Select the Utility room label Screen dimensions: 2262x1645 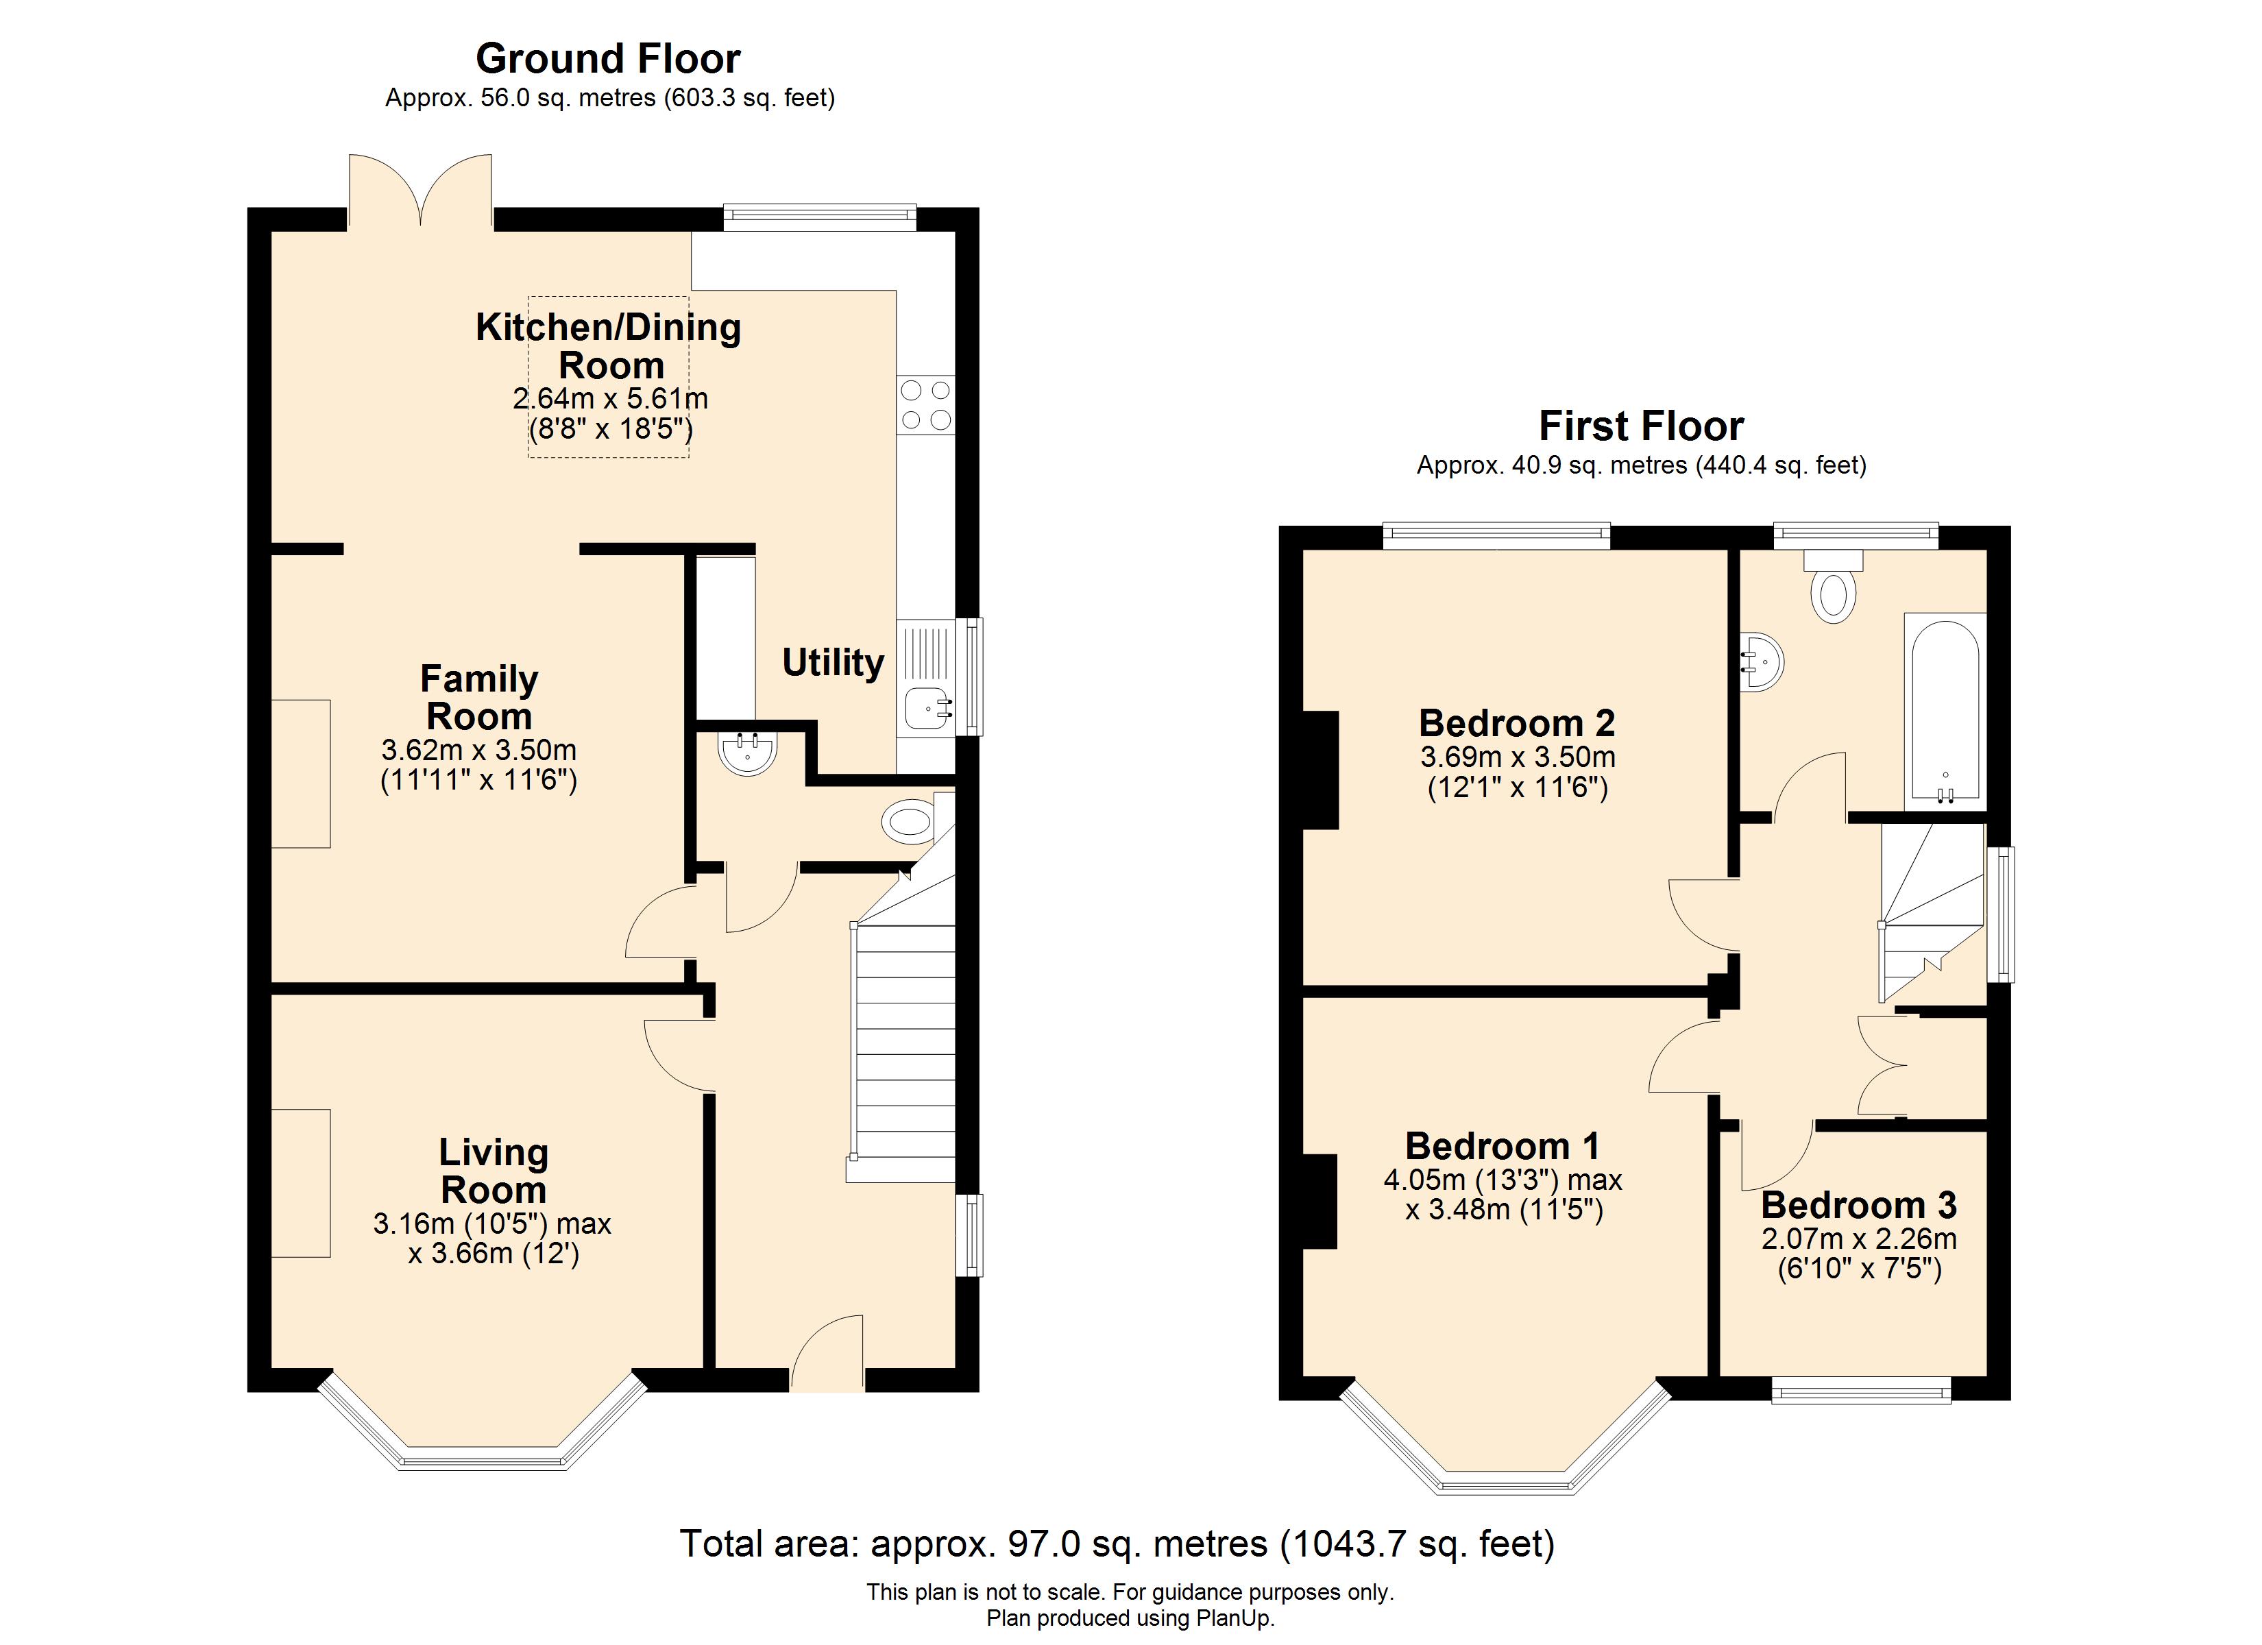point(833,662)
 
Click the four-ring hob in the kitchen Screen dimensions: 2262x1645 point(925,405)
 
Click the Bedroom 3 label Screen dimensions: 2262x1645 point(1859,1205)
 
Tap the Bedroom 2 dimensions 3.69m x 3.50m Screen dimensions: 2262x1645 point(1518,757)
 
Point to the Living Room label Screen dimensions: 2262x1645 point(494,1171)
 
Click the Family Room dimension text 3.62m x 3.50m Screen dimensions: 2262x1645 point(478,750)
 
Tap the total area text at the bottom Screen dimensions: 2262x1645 point(1117,1544)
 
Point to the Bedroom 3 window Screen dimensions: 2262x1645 point(1860,1389)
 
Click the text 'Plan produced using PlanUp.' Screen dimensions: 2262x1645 point(1131,1618)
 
